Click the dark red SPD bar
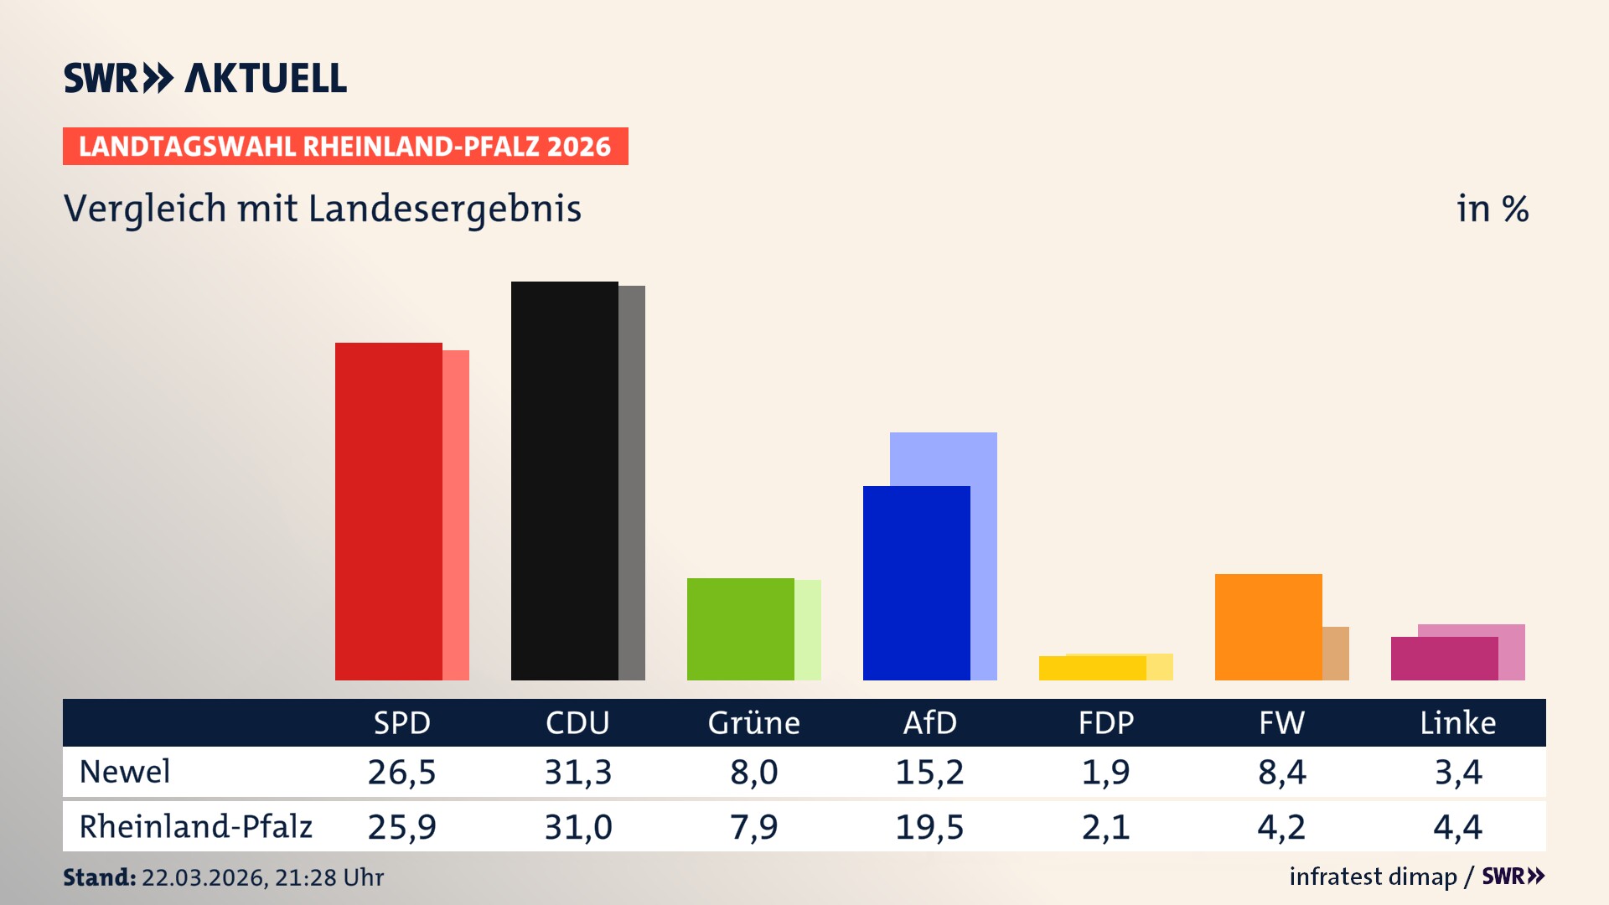click(388, 511)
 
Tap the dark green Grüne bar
click(740, 628)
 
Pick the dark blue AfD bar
click(916, 582)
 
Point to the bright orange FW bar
click(1268, 627)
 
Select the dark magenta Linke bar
click(1444, 659)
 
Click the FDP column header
click(1105, 722)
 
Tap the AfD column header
click(929, 722)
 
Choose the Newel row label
click(125, 772)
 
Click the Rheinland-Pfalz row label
click(195, 827)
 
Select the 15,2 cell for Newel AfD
click(929, 772)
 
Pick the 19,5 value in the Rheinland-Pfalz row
click(929, 827)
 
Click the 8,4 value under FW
click(1281, 772)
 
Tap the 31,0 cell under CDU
click(577, 827)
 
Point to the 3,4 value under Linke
click(1457, 772)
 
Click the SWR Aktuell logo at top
click(205, 78)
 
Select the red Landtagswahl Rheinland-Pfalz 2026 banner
click(345, 147)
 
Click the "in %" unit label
click(1492, 209)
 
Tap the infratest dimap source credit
click(1373, 877)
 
